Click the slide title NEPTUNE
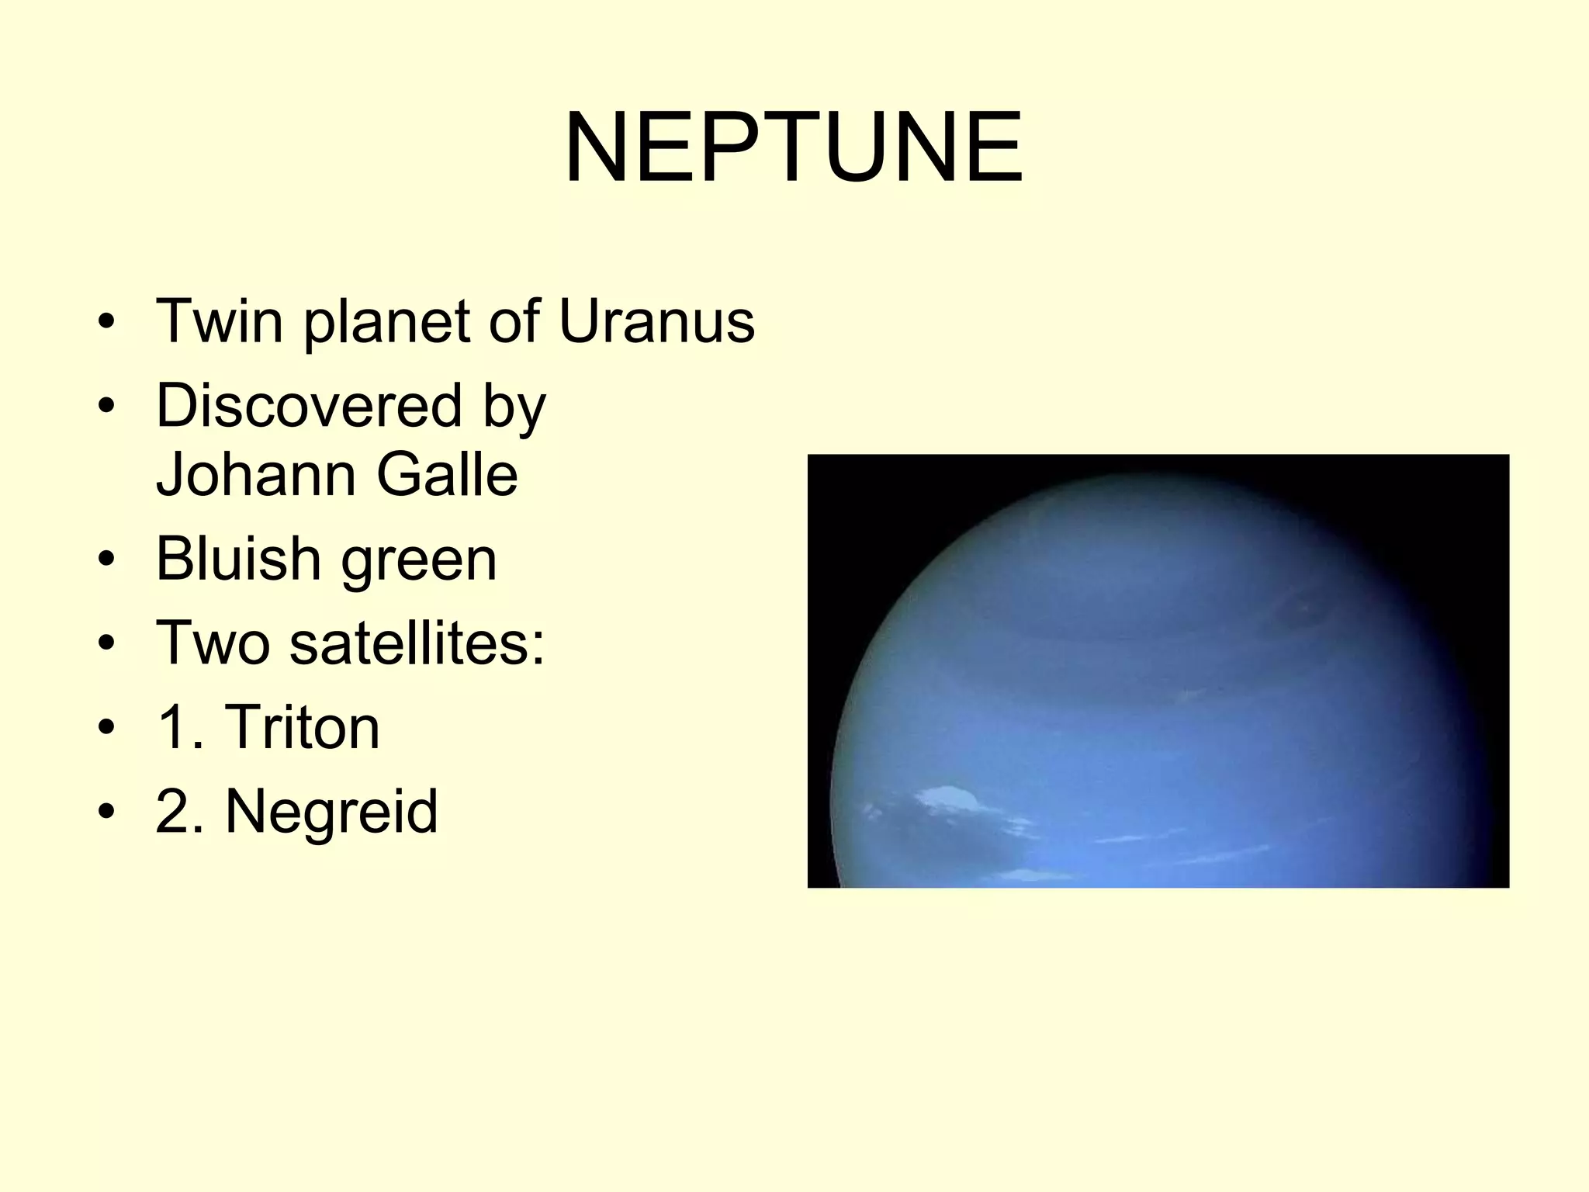coord(794,147)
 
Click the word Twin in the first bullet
coord(220,321)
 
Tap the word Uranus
coord(656,321)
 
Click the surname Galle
coord(448,474)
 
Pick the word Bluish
coord(238,559)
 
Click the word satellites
coord(417,643)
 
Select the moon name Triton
coord(303,727)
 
